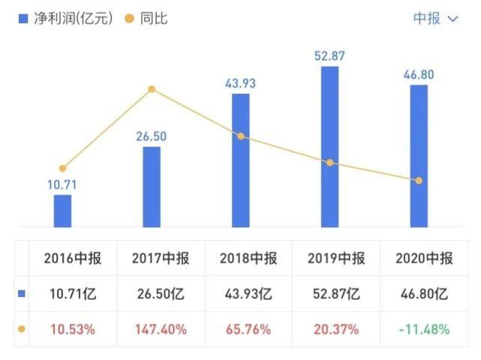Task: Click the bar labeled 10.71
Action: (x=62, y=211)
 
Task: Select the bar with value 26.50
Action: (x=152, y=187)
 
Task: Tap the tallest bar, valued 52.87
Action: (x=329, y=146)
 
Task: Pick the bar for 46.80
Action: (x=419, y=156)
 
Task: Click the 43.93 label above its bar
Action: (x=240, y=83)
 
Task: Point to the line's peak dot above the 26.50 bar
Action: (x=152, y=89)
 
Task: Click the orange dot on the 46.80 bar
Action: (x=419, y=181)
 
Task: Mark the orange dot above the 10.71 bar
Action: (x=62, y=168)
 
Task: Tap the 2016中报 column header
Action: (x=73, y=259)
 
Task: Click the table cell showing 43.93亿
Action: (x=248, y=295)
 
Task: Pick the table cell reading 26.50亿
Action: (x=161, y=295)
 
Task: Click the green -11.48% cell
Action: (x=424, y=329)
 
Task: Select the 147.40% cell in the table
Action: (x=161, y=329)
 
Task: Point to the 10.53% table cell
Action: (x=73, y=329)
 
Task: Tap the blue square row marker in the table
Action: (x=21, y=295)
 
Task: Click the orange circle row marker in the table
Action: (x=21, y=329)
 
